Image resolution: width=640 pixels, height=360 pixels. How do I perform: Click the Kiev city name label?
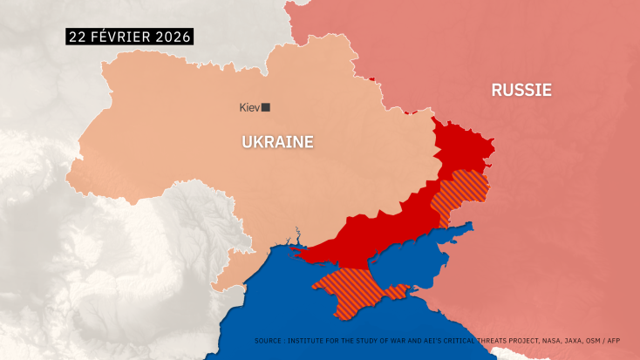point(249,107)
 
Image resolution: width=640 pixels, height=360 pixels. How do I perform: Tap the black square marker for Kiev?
point(266,107)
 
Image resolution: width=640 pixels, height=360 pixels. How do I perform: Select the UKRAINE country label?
point(277,141)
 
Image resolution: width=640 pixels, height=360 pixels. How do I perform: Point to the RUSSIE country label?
point(521,90)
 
